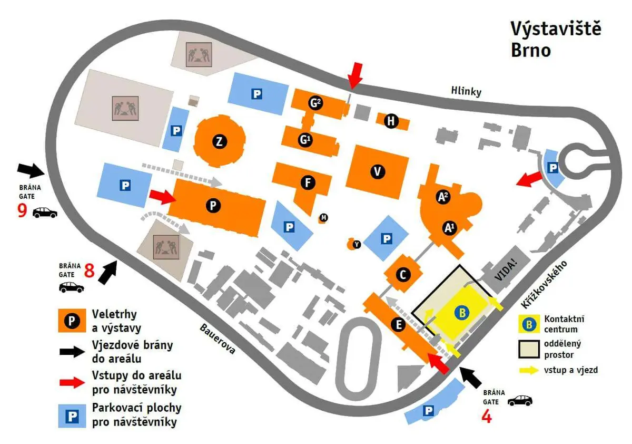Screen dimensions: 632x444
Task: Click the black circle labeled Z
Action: (219, 141)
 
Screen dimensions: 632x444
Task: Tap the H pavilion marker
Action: (391, 121)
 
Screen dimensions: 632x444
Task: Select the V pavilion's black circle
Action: (378, 171)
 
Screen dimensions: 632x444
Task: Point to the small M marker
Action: (323, 217)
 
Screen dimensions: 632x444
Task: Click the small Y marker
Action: (357, 244)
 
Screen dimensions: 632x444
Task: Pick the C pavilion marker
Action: (403, 275)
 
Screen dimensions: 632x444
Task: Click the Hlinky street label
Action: (466, 91)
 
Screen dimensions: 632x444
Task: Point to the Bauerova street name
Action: (218, 339)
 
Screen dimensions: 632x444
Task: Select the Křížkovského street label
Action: (544, 284)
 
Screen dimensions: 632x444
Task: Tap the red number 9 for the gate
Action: (22, 210)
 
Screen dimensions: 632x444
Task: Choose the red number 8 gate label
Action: (89, 271)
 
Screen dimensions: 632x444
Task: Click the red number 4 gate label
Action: (487, 417)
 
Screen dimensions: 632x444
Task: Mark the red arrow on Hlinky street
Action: (354, 76)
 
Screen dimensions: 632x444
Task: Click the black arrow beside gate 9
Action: (31, 170)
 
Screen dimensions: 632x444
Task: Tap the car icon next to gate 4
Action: (520, 401)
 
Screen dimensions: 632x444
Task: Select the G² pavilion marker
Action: (315, 103)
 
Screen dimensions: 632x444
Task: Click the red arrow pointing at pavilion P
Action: (163, 197)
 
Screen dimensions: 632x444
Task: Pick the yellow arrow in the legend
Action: (529, 370)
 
